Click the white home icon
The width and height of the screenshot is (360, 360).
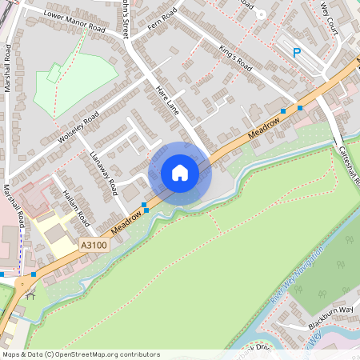pos(180,173)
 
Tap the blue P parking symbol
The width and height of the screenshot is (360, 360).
pos(296,53)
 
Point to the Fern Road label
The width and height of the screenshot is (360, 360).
pos(162,17)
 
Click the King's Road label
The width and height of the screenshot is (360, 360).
pos(235,58)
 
